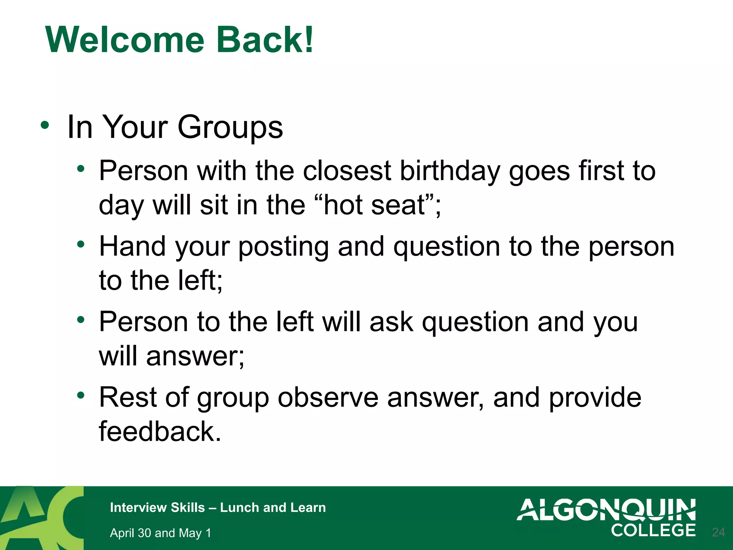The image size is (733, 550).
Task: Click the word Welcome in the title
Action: pos(125,40)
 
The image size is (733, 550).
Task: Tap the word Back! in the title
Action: pos(265,40)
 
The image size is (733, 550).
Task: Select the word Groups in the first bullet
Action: pos(230,127)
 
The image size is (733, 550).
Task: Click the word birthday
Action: pos(450,171)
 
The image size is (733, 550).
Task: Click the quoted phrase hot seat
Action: pos(374,205)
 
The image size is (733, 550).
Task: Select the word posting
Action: pos(283,247)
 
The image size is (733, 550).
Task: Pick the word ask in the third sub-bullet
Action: pos(391,322)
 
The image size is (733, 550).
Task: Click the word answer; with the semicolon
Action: pos(195,357)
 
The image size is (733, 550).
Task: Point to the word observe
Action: pos(328,398)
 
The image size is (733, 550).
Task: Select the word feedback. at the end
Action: pos(160,431)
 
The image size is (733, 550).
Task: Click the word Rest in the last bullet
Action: pos(128,397)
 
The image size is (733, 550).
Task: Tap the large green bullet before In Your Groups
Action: pos(45,125)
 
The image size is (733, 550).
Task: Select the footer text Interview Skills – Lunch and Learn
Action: pos(218,508)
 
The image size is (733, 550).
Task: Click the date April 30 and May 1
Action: pos(160,533)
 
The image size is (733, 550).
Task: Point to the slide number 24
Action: pos(718,532)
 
